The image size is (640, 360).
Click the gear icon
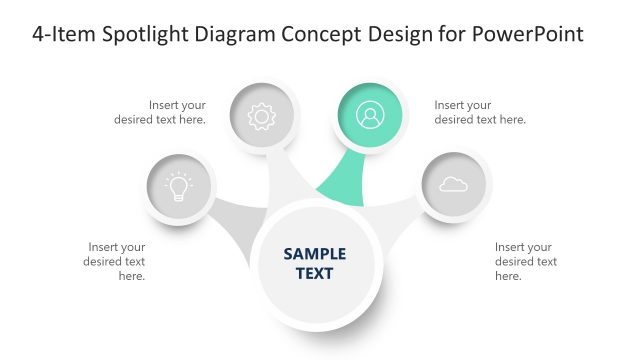261,117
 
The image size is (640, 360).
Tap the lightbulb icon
179,186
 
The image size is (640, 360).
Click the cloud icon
453,185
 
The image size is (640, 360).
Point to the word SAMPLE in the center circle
315,254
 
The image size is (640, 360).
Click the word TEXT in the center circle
315,273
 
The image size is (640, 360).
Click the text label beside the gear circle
166,112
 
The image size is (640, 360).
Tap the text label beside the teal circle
480,112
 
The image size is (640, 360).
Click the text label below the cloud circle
525,261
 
